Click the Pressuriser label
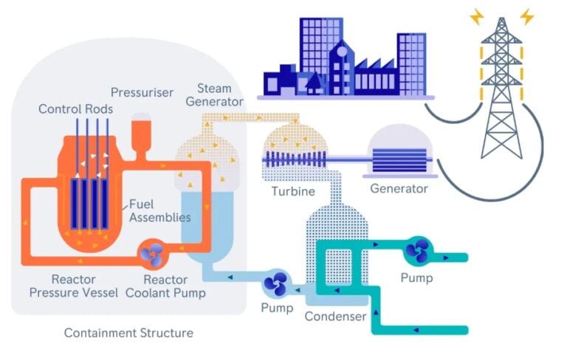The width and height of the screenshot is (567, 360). pyautogui.click(x=142, y=92)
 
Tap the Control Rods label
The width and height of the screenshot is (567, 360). pyautogui.click(x=75, y=108)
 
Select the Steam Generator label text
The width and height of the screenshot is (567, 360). pyautogui.click(x=214, y=95)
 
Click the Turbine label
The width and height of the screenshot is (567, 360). pyautogui.click(x=293, y=191)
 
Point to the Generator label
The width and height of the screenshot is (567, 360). pyautogui.click(x=399, y=188)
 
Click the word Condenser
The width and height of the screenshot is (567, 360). pyautogui.click(x=336, y=316)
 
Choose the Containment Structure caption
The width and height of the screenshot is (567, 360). pyautogui.click(x=128, y=333)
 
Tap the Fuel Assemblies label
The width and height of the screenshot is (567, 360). pyautogui.click(x=159, y=211)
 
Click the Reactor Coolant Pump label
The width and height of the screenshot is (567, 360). pyautogui.click(x=165, y=286)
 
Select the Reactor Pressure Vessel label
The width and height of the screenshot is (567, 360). pyautogui.click(x=73, y=286)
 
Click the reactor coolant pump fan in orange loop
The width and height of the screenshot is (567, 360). pyautogui.click(x=152, y=254)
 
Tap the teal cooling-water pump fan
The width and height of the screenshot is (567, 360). pyautogui.click(x=418, y=250)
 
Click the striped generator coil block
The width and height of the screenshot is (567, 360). pyautogui.click(x=399, y=160)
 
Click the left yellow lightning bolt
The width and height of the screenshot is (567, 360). pyautogui.click(x=477, y=17)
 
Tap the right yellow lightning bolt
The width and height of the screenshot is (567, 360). pyautogui.click(x=527, y=17)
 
